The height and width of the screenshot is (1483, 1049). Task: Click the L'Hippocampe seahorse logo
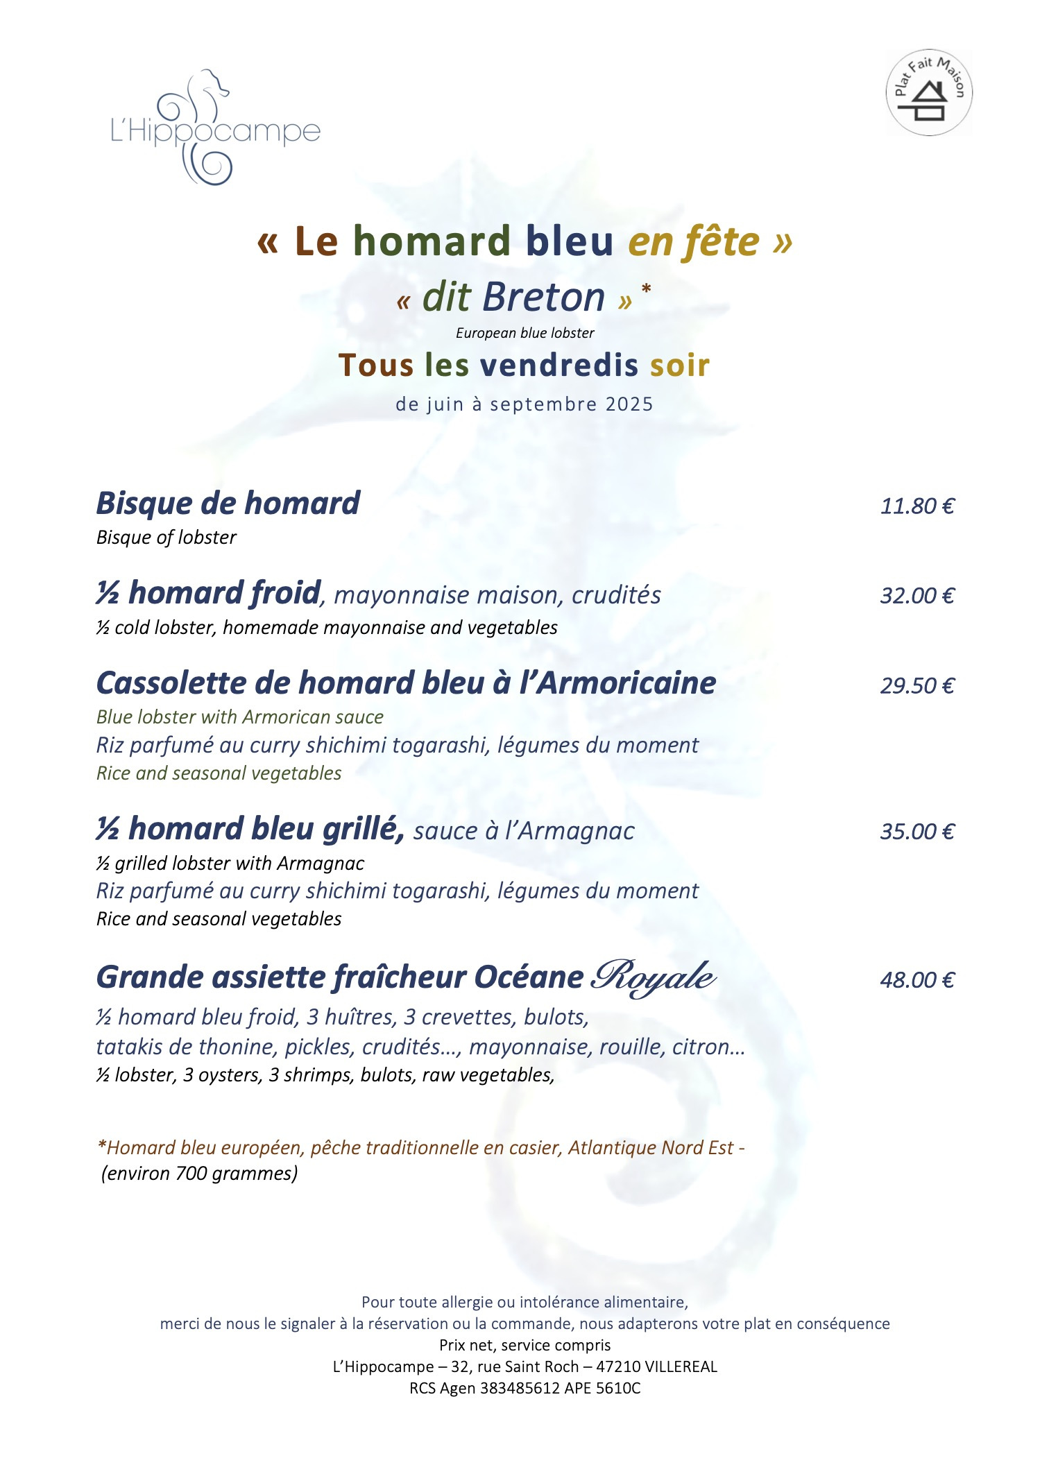[x=214, y=128]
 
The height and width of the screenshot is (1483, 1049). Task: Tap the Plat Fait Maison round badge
[x=929, y=93]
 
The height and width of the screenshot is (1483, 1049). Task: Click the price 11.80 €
[x=917, y=506]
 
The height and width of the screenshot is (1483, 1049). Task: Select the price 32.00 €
[x=917, y=596]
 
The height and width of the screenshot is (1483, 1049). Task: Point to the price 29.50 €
[x=917, y=686]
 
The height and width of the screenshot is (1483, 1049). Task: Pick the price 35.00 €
[x=917, y=832]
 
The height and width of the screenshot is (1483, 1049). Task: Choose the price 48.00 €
[x=917, y=980]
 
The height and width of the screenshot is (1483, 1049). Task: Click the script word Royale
[x=653, y=978]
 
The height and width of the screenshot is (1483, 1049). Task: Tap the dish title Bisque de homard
[x=228, y=504]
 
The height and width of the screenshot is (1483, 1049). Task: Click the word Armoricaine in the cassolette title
[x=626, y=683]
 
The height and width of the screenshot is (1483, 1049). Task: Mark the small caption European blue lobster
[x=524, y=333]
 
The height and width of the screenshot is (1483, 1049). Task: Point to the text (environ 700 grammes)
[x=199, y=1174]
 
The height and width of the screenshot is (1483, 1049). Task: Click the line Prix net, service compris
[x=524, y=1345]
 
